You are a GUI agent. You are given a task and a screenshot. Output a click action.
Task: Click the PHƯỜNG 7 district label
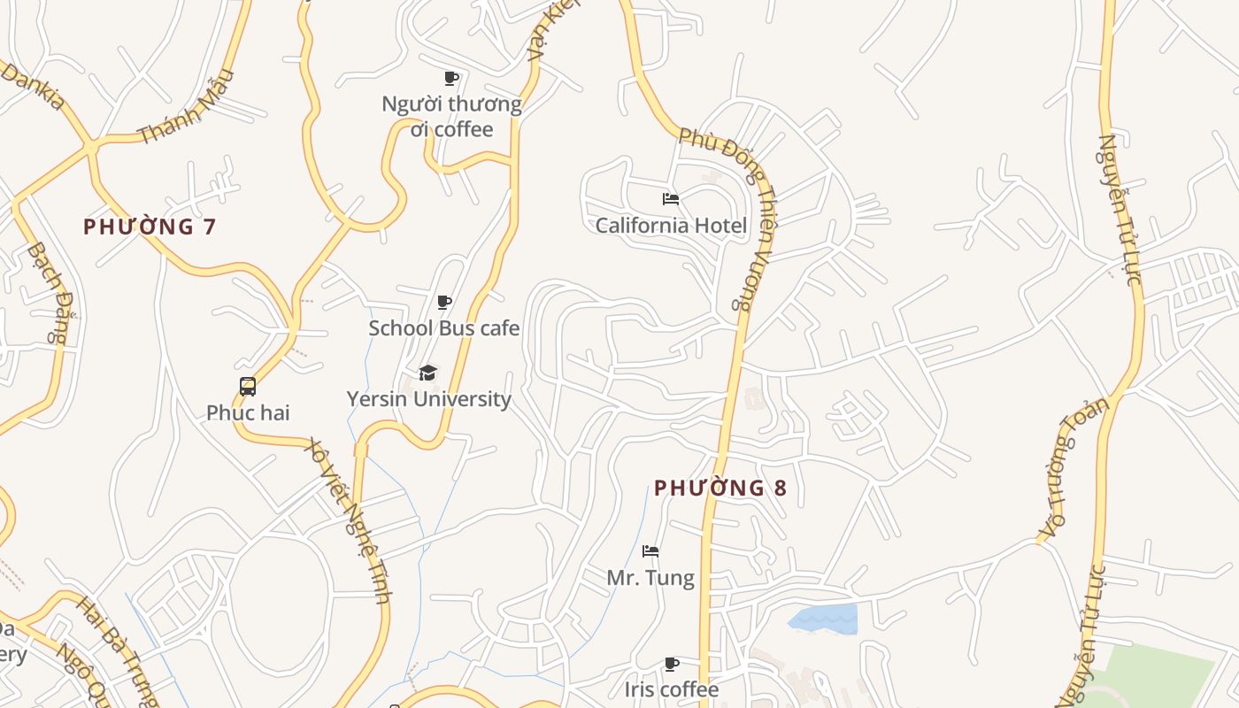click(150, 227)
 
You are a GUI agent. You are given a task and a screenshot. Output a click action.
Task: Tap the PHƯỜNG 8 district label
click(720, 488)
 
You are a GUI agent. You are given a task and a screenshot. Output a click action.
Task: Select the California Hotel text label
click(671, 225)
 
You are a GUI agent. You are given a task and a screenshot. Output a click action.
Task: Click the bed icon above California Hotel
click(671, 199)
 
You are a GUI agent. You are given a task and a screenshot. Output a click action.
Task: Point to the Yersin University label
click(428, 398)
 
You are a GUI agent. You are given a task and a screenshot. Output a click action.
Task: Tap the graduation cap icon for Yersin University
click(428, 373)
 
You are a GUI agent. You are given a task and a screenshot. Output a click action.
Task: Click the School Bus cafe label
click(443, 327)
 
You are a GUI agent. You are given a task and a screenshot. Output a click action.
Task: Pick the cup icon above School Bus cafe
click(444, 303)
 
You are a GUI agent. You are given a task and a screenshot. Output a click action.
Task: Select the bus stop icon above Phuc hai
click(248, 387)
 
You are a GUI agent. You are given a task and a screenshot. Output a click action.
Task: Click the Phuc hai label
click(248, 412)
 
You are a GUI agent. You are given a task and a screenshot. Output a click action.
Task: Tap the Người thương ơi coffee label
click(451, 117)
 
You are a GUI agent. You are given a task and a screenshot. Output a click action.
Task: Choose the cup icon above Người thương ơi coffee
click(451, 79)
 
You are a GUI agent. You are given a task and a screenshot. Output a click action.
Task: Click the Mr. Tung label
click(650, 578)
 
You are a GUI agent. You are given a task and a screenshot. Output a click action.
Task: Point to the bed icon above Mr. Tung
click(650, 551)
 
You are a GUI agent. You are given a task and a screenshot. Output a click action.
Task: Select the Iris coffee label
click(672, 689)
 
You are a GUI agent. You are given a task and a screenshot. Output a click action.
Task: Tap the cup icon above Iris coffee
click(672, 664)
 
